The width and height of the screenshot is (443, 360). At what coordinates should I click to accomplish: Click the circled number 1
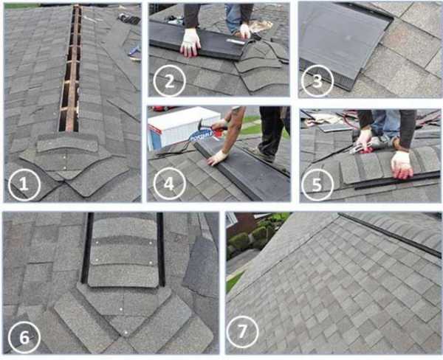tap(24, 185)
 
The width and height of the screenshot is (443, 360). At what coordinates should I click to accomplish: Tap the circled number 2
tap(170, 81)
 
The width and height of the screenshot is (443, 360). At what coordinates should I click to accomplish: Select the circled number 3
tap(317, 81)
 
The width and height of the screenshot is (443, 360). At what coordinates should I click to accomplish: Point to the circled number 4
tap(169, 184)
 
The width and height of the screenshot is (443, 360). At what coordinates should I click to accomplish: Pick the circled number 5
tap(317, 184)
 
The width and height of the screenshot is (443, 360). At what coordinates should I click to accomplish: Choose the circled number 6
tap(24, 337)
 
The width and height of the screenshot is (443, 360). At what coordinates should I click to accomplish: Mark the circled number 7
tap(242, 331)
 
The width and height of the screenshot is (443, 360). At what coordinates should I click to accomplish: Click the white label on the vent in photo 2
tap(236, 41)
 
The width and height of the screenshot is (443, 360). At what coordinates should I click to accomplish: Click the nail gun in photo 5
tap(372, 143)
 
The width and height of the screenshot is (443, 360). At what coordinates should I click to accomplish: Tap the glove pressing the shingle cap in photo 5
tap(402, 165)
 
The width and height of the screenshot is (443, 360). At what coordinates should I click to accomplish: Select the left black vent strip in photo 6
tap(87, 248)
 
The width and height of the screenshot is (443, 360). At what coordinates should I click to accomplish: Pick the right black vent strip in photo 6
tap(161, 249)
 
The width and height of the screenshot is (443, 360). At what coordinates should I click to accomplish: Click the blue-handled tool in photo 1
tap(134, 52)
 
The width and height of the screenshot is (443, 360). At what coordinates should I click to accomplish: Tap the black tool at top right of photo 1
tap(128, 18)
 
